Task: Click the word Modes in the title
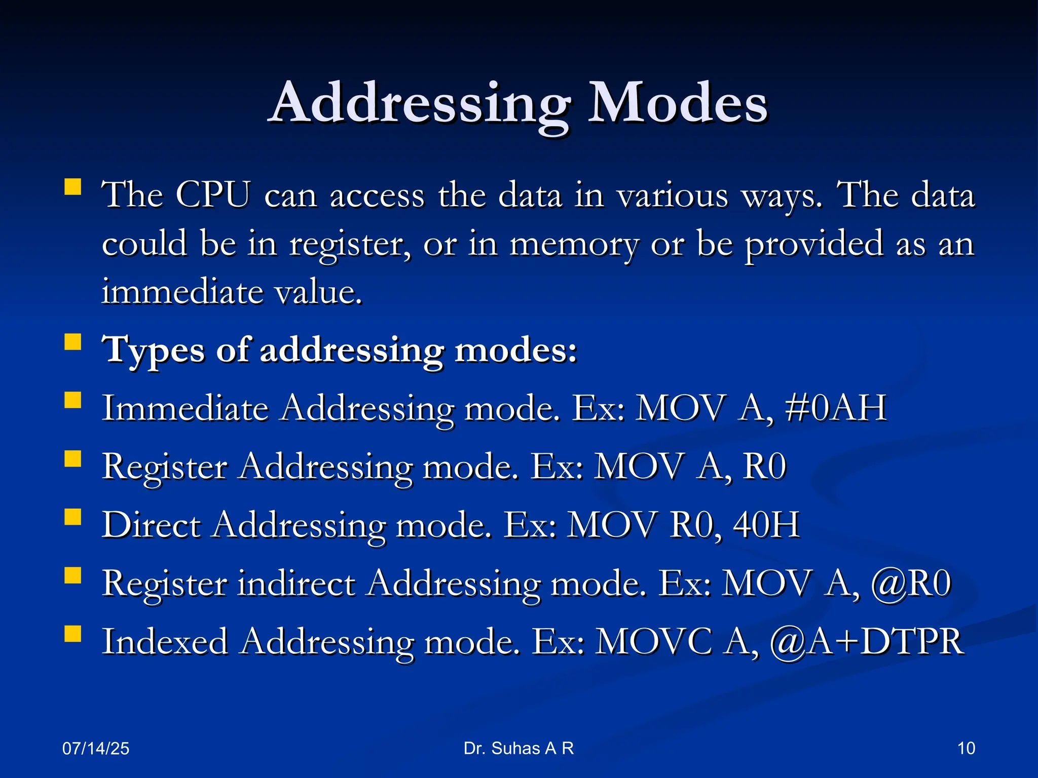click(678, 104)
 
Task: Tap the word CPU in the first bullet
click(213, 195)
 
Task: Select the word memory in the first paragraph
click(574, 244)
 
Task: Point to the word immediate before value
click(181, 292)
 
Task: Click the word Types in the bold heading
click(153, 351)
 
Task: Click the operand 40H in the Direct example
click(766, 525)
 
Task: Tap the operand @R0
click(911, 583)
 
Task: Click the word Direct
click(151, 525)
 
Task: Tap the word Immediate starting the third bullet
click(185, 408)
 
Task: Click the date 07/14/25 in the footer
click(96, 749)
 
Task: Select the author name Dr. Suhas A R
click(518, 749)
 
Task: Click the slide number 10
click(966, 749)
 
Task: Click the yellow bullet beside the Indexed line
click(73, 634)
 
